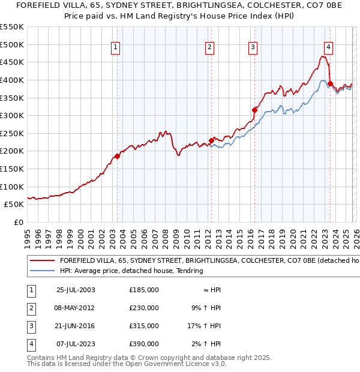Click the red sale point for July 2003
[118, 156]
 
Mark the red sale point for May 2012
[211, 140]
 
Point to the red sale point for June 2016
[254, 110]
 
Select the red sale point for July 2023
[330, 83]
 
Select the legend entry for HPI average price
[131, 271]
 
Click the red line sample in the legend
[41, 261]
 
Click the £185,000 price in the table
[144, 290]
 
